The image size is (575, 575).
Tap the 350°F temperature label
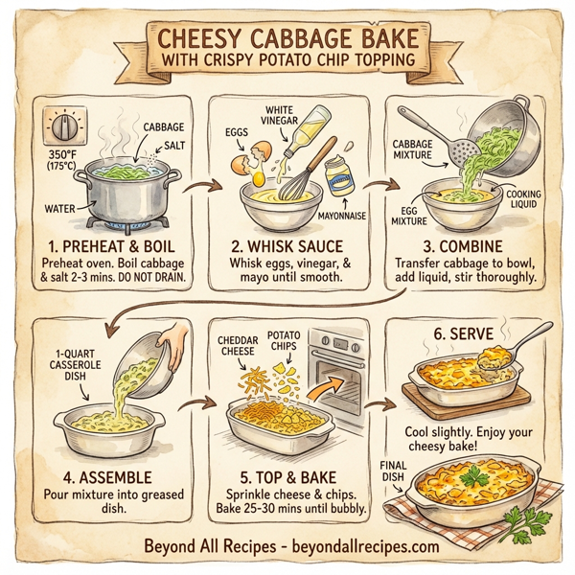[x=64, y=156]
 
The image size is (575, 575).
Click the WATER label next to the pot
[x=61, y=207]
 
